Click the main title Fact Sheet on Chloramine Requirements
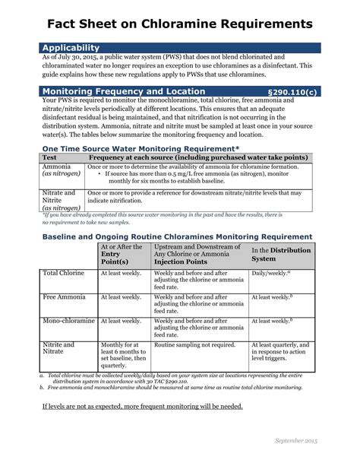pyautogui.click(x=180, y=25)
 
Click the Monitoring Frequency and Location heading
pyautogui.click(x=123, y=91)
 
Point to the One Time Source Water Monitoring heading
pyautogui.click(x=141, y=150)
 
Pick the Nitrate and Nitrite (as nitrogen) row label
pyautogui.click(x=59, y=199)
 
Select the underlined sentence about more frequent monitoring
pyautogui.click(x=142, y=406)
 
